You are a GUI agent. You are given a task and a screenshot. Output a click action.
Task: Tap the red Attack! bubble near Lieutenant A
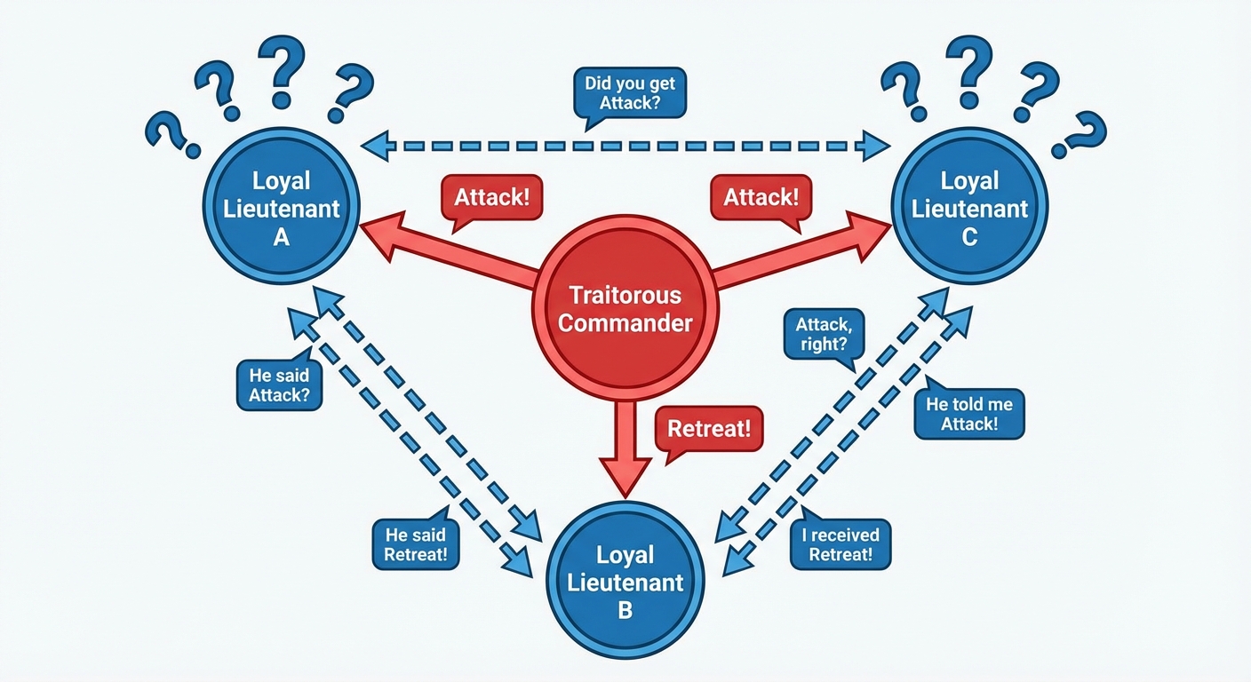491,197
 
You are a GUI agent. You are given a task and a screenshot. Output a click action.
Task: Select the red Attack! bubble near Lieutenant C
761,197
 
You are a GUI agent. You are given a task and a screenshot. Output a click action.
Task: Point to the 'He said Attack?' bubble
279,385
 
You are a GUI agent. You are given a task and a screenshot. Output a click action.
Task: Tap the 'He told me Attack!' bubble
968,414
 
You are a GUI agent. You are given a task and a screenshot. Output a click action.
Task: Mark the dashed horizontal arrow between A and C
625,145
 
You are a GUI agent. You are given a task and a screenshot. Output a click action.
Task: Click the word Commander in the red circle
625,321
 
